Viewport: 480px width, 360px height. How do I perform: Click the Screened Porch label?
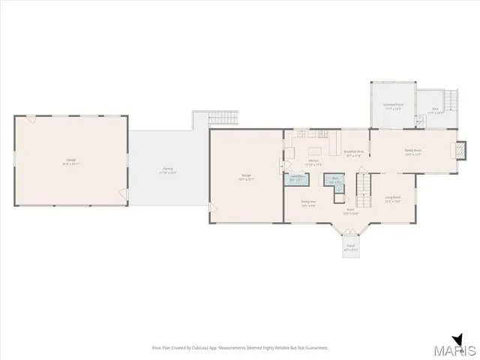coord(393,107)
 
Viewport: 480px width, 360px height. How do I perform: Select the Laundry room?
coord(296,178)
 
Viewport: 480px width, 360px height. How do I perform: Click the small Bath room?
coord(335,179)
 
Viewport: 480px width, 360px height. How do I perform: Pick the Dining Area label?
coord(308,203)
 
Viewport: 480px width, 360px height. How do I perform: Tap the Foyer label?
coord(350,212)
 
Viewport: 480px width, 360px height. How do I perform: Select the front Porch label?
coord(349,247)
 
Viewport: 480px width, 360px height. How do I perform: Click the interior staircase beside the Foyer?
coord(364,188)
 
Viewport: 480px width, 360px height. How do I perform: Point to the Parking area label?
coord(168,170)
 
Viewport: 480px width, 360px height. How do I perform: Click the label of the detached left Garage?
coord(70,163)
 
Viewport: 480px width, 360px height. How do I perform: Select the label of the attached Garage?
coord(246,178)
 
